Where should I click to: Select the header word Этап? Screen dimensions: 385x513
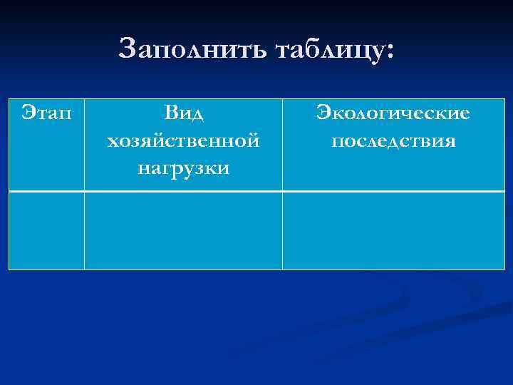tap(46, 113)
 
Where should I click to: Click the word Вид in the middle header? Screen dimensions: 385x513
tap(183, 113)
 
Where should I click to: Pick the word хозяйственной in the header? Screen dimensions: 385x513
tap(183, 140)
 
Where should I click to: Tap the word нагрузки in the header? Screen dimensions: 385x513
tap(183, 168)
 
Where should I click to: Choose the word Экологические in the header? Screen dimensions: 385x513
tap(393, 113)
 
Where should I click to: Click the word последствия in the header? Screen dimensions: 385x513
tap(393, 140)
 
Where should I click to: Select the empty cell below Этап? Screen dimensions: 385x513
tap(46, 230)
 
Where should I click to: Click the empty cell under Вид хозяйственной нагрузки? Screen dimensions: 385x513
tap(183, 230)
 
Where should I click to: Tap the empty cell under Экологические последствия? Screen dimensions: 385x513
tap(393, 230)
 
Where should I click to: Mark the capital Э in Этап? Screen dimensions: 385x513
tap(27, 113)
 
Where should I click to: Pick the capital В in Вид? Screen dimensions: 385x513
tap(169, 113)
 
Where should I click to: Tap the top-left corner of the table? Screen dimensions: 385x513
tap(9, 99)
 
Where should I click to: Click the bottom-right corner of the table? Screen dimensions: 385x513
tap(504, 269)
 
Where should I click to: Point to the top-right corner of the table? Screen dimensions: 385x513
tap(504, 99)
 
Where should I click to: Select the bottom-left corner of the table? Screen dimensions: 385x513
tap(9, 269)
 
